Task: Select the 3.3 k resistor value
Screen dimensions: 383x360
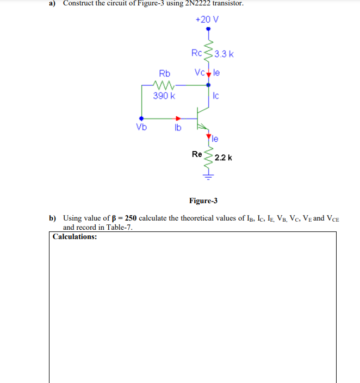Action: (x=224, y=54)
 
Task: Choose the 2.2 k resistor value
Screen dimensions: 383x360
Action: (x=224, y=158)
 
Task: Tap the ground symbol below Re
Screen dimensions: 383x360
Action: (x=208, y=175)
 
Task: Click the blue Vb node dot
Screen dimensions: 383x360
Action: (x=141, y=118)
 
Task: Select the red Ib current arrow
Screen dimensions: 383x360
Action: (x=177, y=118)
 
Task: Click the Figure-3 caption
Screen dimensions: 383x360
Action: (x=203, y=200)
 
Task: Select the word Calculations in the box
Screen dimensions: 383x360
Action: (x=75, y=237)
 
